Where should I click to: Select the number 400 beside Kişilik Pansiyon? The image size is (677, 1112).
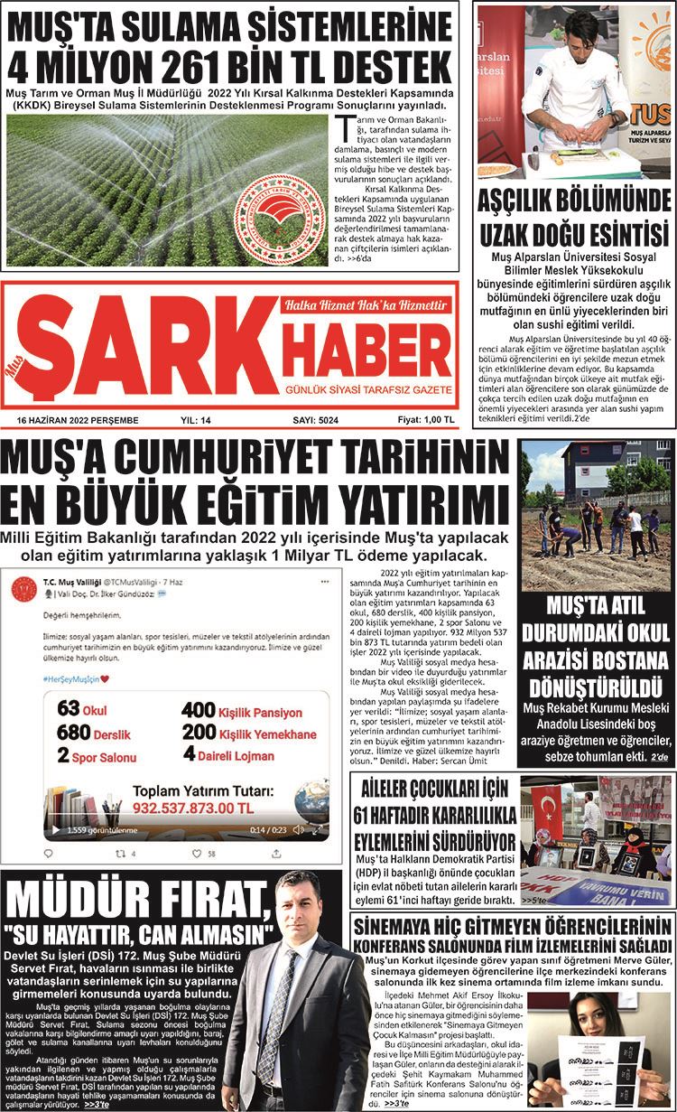coord(198,710)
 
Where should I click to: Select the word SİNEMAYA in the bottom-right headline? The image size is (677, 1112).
coord(399,926)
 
